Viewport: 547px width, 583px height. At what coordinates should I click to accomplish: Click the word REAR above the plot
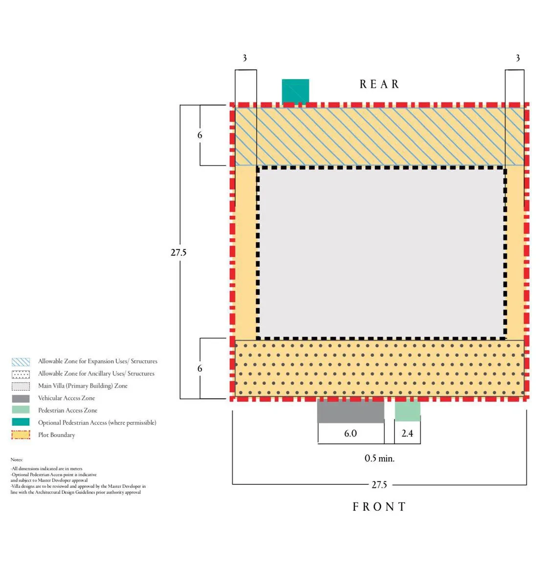(379, 84)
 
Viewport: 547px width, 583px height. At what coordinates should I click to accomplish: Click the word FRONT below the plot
(379, 507)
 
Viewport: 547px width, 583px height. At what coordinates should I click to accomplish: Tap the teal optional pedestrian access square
(295, 91)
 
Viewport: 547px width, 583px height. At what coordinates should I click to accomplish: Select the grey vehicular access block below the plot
(350, 411)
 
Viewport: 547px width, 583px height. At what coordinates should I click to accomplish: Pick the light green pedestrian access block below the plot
(408, 411)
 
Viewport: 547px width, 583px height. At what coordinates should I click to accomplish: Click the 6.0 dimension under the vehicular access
(350, 434)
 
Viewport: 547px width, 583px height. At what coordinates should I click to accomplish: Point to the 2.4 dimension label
(408, 434)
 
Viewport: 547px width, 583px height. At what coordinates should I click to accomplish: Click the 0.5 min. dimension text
(379, 458)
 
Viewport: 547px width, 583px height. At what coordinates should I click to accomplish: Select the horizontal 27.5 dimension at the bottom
(379, 485)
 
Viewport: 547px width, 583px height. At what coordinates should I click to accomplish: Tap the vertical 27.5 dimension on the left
(178, 252)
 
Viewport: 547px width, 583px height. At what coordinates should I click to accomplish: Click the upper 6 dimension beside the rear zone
(200, 135)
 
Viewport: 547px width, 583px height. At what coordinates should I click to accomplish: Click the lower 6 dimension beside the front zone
(200, 369)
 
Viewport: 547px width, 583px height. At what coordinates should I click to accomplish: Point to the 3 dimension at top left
(244, 58)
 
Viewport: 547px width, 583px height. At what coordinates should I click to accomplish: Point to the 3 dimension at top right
(518, 58)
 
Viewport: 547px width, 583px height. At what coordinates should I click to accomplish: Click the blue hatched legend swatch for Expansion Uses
(21, 362)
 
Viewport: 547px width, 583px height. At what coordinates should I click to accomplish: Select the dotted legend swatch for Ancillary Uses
(21, 374)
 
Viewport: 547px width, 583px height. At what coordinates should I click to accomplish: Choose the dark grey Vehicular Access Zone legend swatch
(21, 398)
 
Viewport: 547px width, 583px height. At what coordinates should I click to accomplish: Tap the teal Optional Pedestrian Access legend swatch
(21, 422)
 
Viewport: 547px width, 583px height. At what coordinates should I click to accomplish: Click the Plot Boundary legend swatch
(21, 435)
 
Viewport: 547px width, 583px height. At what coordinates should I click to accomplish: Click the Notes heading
(17, 459)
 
